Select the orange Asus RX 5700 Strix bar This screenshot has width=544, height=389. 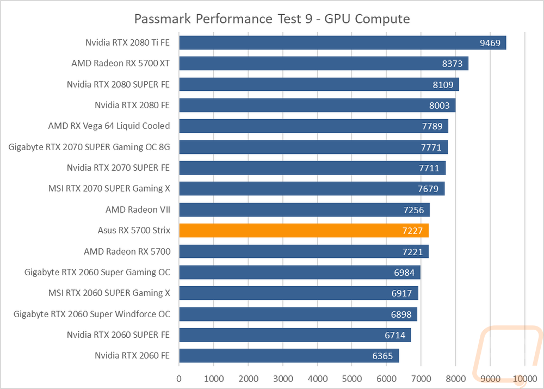(x=304, y=231)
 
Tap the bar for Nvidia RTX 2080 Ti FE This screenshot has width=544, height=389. (x=343, y=42)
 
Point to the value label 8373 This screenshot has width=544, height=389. (x=452, y=64)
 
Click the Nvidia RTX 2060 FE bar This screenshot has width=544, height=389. (x=289, y=356)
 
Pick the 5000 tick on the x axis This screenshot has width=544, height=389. (x=352, y=379)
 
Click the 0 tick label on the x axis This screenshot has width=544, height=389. (x=179, y=379)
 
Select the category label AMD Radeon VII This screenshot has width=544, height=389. (x=138, y=209)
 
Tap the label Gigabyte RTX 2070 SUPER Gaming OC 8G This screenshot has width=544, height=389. (x=89, y=147)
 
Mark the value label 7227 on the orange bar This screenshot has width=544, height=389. (x=412, y=231)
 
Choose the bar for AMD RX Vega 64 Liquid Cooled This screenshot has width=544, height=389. (x=314, y=126)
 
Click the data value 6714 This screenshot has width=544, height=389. (x=395, y=335)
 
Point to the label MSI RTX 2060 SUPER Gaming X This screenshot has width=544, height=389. (x=109, y=293)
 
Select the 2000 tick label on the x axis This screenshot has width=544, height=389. (x=248, y=379)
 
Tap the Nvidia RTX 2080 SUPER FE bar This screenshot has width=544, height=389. (x=319, y=84)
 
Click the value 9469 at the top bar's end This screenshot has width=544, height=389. (x=490, y=43)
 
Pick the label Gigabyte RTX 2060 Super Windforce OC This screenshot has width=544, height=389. (x=92, y=314)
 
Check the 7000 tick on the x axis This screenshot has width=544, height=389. (x=421, y=379)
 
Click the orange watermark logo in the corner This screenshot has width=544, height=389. (x=508, y=352)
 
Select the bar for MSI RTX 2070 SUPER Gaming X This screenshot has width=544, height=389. (x=312, y=189)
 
